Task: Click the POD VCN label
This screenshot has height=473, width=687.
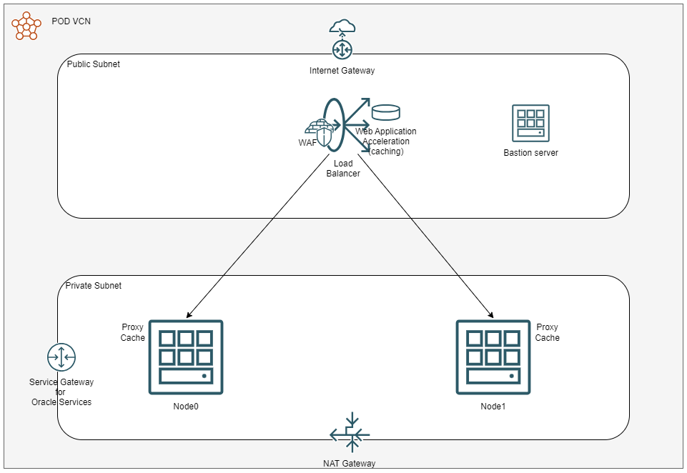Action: click(x=71, y=21)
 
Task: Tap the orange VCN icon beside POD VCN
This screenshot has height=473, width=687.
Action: click(x=26, y=26)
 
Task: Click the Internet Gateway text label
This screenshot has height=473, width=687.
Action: click(x=342, y=71)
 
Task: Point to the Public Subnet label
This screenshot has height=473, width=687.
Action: click(x=94, y=64)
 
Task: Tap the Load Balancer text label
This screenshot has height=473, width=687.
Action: click(x=343, y=169)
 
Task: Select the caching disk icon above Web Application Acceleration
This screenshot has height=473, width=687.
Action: click(x=386, y=112)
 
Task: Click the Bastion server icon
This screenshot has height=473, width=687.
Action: click(x=530, y=123)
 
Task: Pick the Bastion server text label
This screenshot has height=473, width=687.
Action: click(x=530, y=153)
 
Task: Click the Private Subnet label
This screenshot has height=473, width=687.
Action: click(x=94, y=286)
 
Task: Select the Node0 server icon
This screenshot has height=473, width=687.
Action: click(x=186, y=357)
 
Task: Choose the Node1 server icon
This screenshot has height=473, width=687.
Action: click(x=493, y=357)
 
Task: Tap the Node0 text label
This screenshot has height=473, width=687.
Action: click(x=186, y=407)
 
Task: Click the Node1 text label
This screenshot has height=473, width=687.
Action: click(x=493, y=407)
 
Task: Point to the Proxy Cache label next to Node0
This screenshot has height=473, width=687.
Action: click(x=133, y=333)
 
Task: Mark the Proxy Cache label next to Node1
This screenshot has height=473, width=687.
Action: click(x=548, y=333)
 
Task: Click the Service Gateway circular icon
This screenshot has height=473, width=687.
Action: click(x=61, y=357)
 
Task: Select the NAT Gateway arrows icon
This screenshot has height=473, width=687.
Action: click(x=350, y=432)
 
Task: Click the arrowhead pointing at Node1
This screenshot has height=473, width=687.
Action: click(x=491, y=314)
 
